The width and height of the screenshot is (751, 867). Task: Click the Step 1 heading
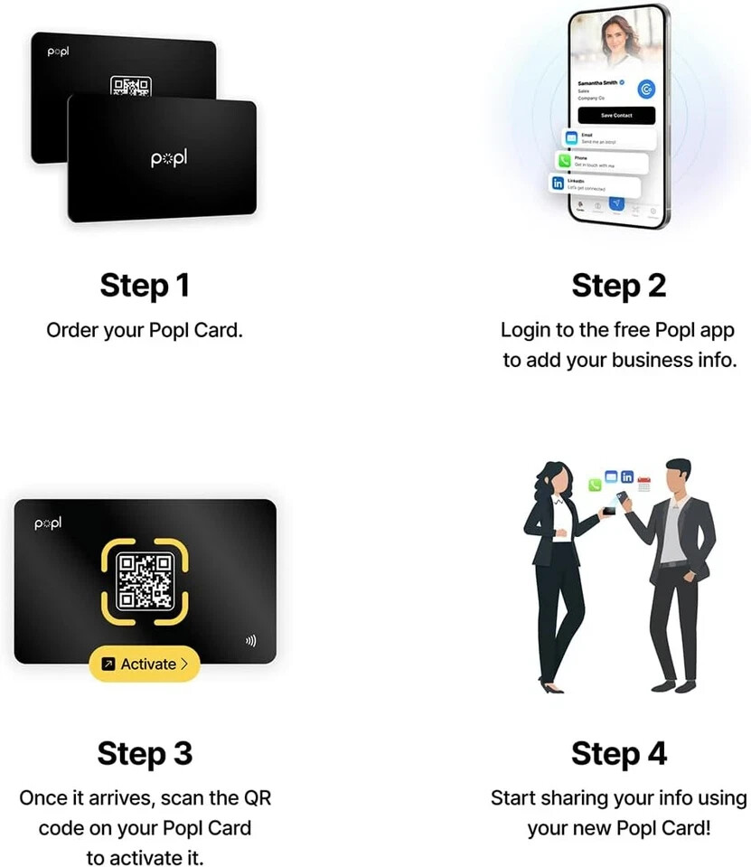coord(145,286)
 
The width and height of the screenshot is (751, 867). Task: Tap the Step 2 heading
coord(619,286)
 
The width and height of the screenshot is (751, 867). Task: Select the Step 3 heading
coord(145,753)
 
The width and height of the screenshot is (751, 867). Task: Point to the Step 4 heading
coord(619,753)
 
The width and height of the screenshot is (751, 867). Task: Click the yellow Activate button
coord(145,664)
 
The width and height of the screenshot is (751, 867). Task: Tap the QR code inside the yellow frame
coord(145,580)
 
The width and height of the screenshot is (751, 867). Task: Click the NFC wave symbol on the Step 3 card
coord(250,641)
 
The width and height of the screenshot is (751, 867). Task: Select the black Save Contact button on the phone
coord(616,116)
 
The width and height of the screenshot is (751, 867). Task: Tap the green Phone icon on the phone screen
coord(565,161)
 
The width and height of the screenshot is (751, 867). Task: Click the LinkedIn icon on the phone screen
coord(559,184)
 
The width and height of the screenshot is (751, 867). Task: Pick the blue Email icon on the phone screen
coord(571,138)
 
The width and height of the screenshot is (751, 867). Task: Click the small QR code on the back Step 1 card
coord(130,87)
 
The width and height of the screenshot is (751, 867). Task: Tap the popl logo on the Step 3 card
coord(47,523)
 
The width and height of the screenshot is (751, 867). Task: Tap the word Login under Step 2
coord(525,330)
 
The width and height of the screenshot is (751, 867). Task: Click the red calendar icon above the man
coord(644,484)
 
